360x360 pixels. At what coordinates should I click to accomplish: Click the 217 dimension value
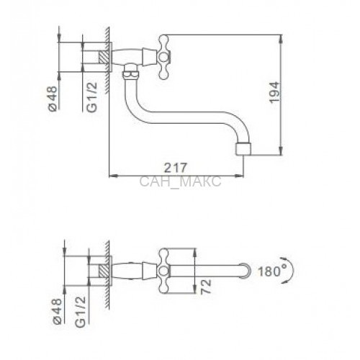[175, 168]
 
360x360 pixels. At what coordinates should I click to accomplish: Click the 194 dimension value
[274, 93]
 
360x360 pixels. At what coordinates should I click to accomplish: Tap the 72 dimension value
[206, 287]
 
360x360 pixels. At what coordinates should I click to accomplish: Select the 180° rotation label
[269, 271]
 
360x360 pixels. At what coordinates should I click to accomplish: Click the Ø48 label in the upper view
[53, 99]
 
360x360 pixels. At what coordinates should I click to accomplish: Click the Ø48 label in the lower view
[58, 311]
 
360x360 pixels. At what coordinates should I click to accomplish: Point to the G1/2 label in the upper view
[92, 97]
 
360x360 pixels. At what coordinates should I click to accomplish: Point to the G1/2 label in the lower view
[81, 312]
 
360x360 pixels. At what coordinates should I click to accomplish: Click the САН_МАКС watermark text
[180, 181]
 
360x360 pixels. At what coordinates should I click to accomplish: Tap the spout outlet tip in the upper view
[244, 149]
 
